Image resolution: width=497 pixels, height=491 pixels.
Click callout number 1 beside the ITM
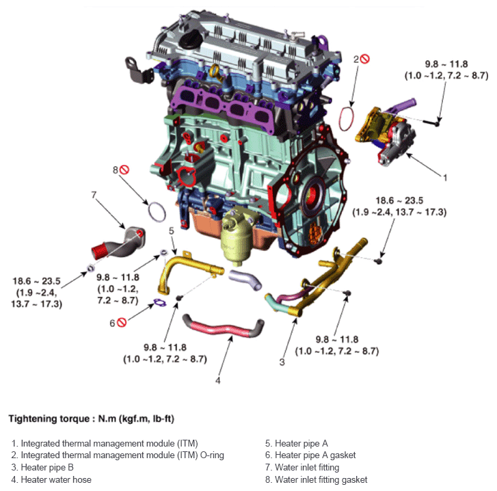(x=445, y=177)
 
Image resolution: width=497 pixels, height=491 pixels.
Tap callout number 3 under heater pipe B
(x=281, y=362)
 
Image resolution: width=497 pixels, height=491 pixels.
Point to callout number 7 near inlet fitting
(x=94, y=195)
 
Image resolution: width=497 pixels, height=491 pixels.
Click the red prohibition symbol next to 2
(x=366, y=59)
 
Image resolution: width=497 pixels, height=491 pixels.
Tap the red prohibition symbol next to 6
(x=122, y=322)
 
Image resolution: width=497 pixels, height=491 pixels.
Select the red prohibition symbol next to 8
(x=124, y=168)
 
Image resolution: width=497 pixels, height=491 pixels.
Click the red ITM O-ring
(x=348, y=118)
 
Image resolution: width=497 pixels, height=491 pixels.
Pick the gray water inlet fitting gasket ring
(x=157, y=212)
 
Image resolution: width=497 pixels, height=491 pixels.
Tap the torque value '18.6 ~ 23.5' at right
(x=399, y=200)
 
